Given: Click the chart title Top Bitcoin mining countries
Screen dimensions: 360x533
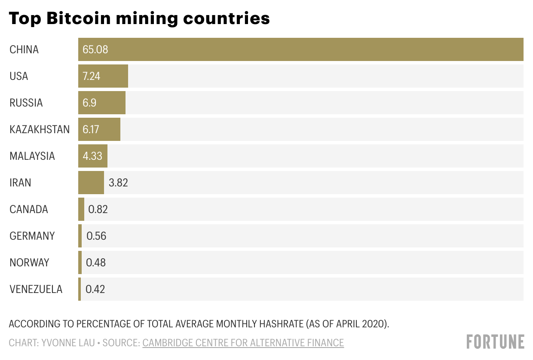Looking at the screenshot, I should click(x=139, y=18).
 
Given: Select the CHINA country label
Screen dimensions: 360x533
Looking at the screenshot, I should click(x=24, y=49).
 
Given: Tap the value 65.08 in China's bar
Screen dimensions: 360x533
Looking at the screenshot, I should click(x=95, y=49).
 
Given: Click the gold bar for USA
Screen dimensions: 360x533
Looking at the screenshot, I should click(x=103, y=76).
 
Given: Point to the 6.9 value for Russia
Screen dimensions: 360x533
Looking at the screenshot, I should click(x=90, y=103).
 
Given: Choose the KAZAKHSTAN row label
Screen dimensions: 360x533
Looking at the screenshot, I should click(x=40, y=129).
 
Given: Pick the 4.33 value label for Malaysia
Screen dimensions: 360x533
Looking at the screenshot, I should click(x=92, y=156).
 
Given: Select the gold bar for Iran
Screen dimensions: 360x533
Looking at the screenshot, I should click(x=91, y=183).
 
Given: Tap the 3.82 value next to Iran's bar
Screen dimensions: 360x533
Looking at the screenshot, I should click(x=118, y=183).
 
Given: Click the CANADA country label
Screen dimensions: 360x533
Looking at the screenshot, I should click(x=29, y=209).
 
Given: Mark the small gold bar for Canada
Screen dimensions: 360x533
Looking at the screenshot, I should click(x=81, y=209).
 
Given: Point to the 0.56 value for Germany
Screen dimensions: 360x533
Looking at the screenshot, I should click(x=96, y=236).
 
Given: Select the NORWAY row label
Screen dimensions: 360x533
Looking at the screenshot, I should click(x=29, y=262).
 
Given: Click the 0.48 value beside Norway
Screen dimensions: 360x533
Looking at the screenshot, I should click(x=96, y=262).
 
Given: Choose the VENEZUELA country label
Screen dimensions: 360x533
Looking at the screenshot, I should click(x=36, y=289).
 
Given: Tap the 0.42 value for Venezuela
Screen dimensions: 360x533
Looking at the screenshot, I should click(x=95, y=289).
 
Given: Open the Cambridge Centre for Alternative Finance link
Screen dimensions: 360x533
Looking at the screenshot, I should click(x=243, y=342).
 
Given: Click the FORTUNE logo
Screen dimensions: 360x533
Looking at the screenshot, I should click(x=495, y=342).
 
